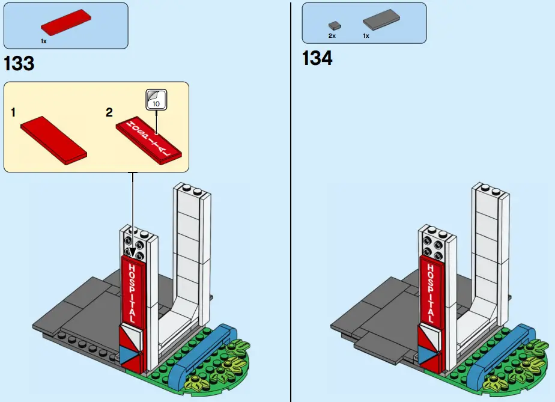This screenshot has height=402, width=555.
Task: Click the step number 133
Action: click(19, 64)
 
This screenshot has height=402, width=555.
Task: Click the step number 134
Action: click(317, 59)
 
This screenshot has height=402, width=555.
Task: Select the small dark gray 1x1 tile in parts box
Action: click(335, 25)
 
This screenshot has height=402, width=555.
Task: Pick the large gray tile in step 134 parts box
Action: click(382, 22)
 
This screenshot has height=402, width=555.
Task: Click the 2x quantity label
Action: click(332, 36)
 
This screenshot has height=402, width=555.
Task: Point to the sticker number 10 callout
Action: click(157, 99)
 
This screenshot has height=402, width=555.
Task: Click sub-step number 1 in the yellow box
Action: click(13, 112)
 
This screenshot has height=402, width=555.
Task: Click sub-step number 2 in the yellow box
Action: click(109, 112)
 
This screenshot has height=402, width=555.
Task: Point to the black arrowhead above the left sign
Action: click(133, 252)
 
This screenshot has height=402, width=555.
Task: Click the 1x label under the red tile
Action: click(43, 41)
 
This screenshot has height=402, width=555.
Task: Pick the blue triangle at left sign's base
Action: click(128, 355)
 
